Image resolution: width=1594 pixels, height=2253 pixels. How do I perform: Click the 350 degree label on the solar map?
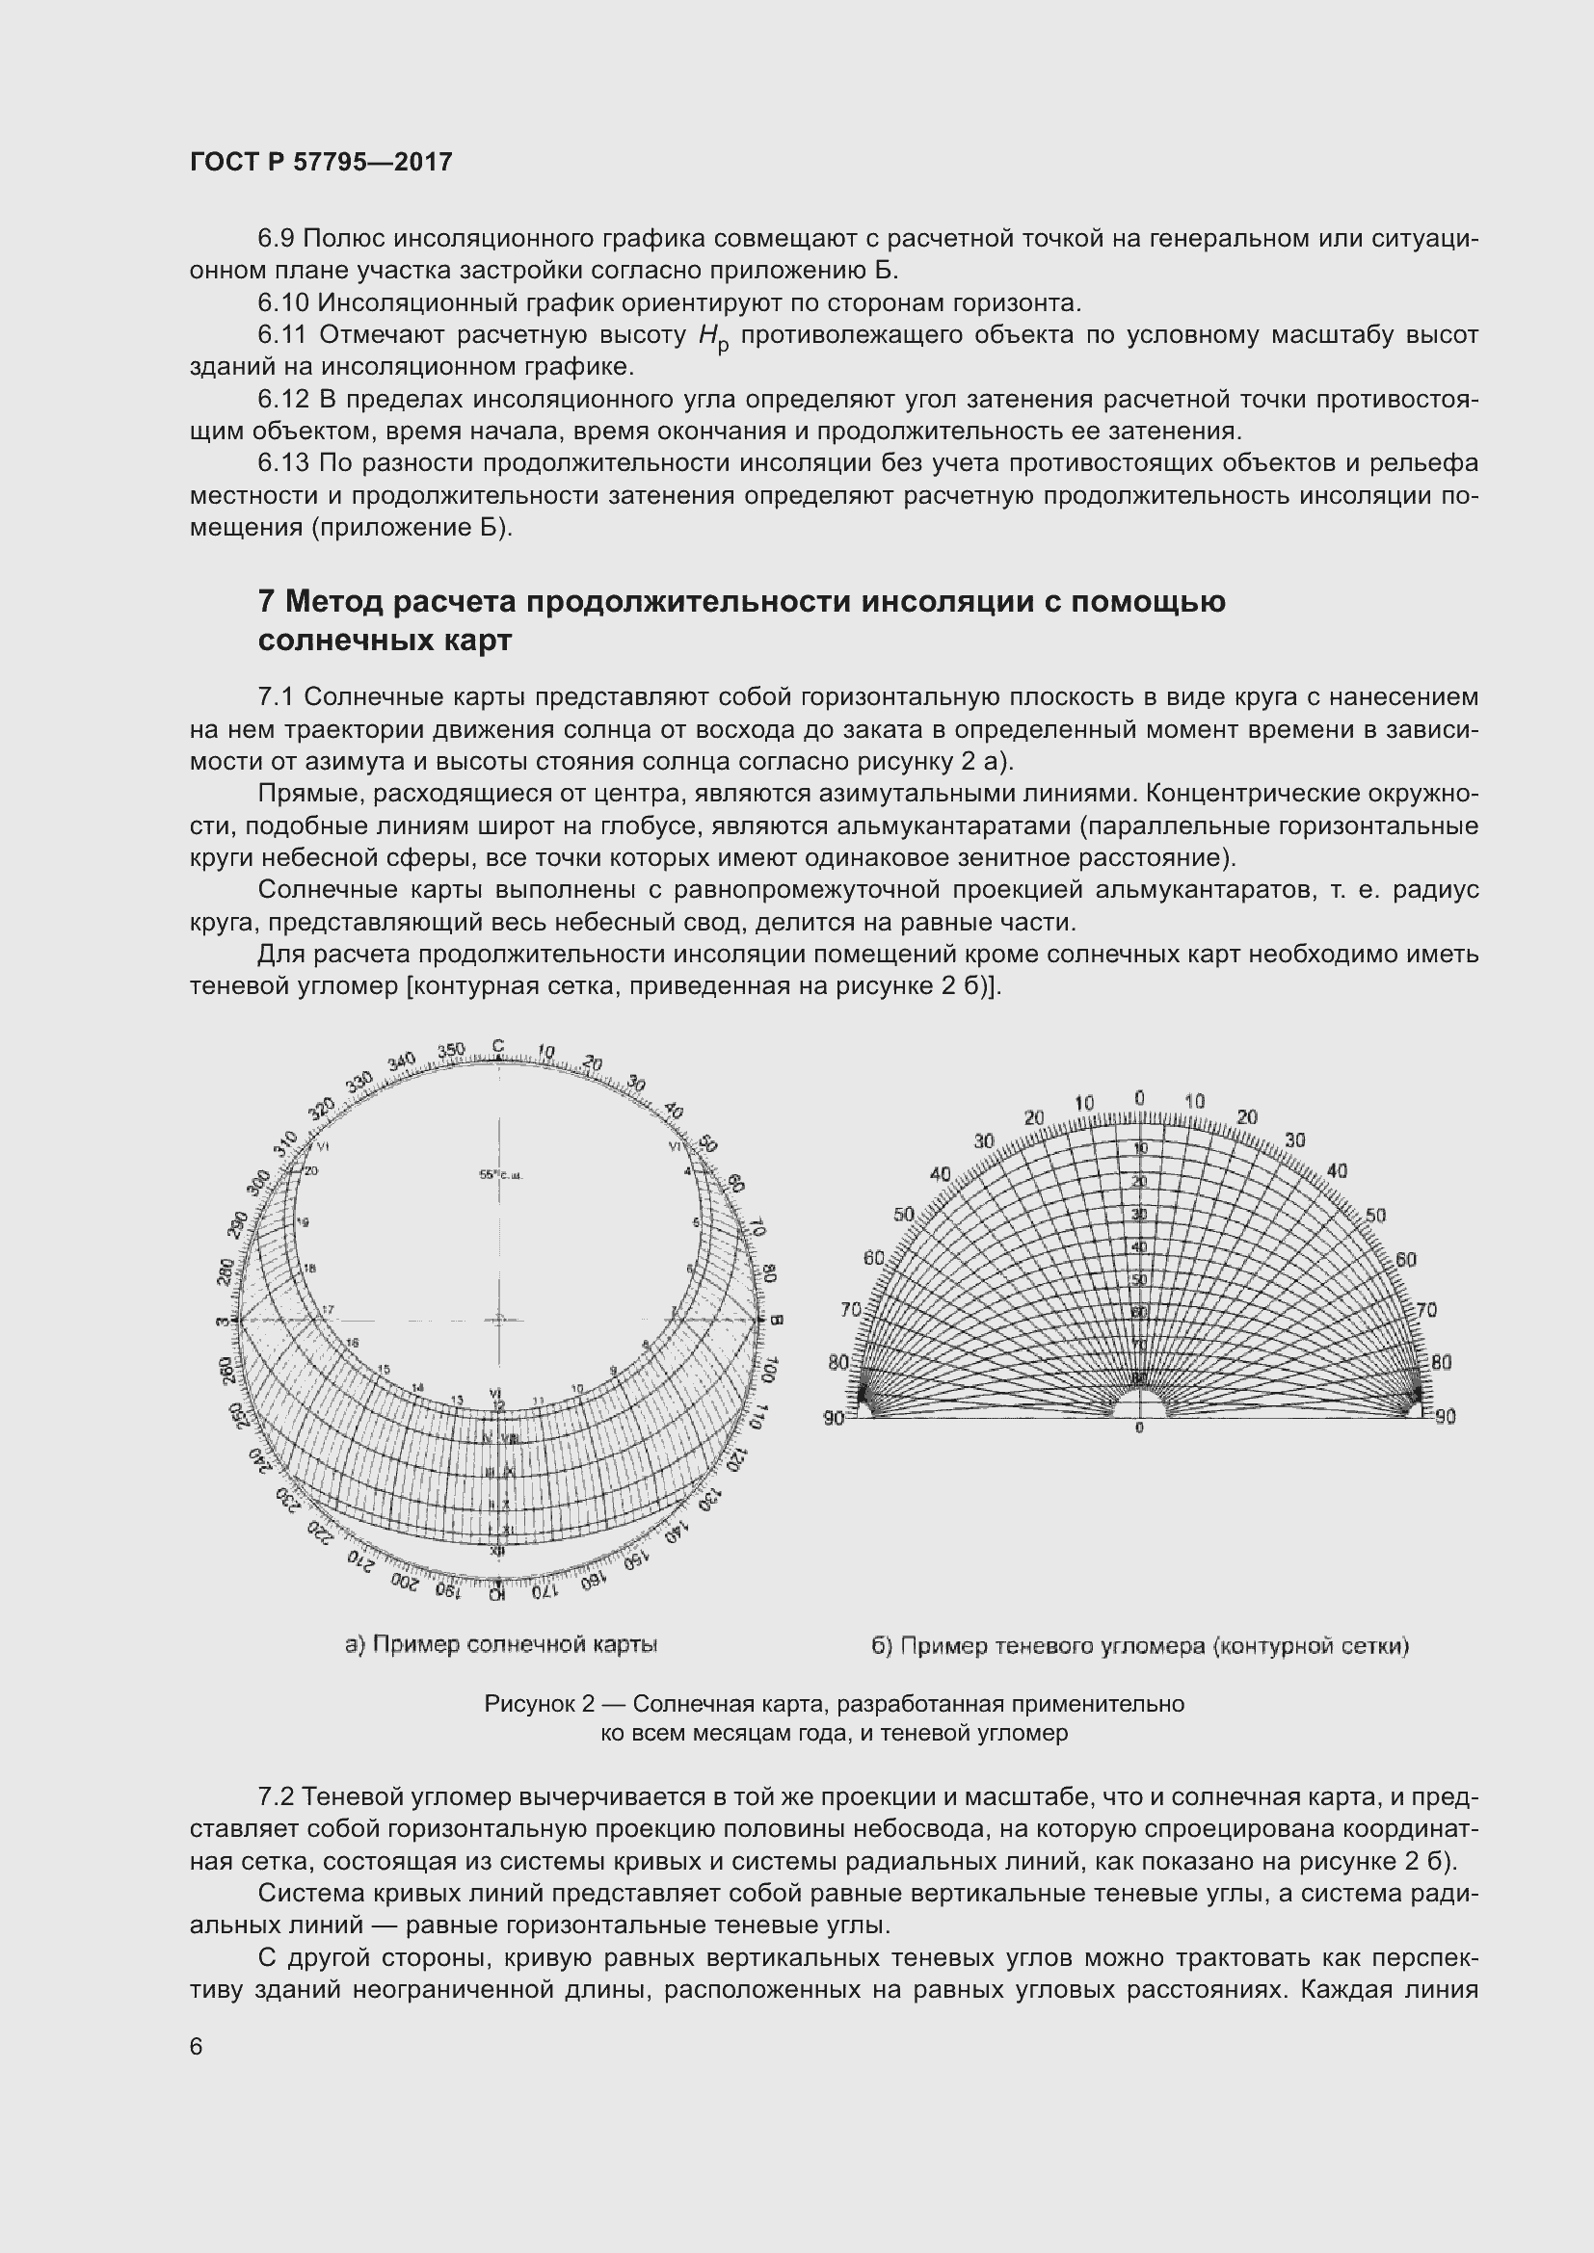(x=450, y=1051)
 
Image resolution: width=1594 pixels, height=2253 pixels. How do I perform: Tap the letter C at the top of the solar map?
(x=497, y=1046)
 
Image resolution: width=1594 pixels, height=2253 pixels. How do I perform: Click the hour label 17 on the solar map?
(x=328, y=1309)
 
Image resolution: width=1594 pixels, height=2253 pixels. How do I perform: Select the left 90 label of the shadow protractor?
(x=834, y=1417)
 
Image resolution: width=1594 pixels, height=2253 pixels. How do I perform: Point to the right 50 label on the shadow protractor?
(x=1375, y=1216)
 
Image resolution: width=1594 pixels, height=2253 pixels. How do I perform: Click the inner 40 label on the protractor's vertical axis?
(x=1138, y=1247)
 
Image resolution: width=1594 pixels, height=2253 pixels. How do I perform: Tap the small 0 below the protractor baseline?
(x=1138, y=1428)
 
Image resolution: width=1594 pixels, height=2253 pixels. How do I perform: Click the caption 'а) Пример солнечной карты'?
(x=500, y=1644)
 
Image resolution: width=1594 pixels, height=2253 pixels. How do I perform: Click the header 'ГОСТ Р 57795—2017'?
(x=321, y=162)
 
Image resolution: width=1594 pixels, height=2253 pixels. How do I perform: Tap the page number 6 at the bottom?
(x=197, y=2046)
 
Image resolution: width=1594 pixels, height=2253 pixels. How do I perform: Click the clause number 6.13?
(x=283, y=462)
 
